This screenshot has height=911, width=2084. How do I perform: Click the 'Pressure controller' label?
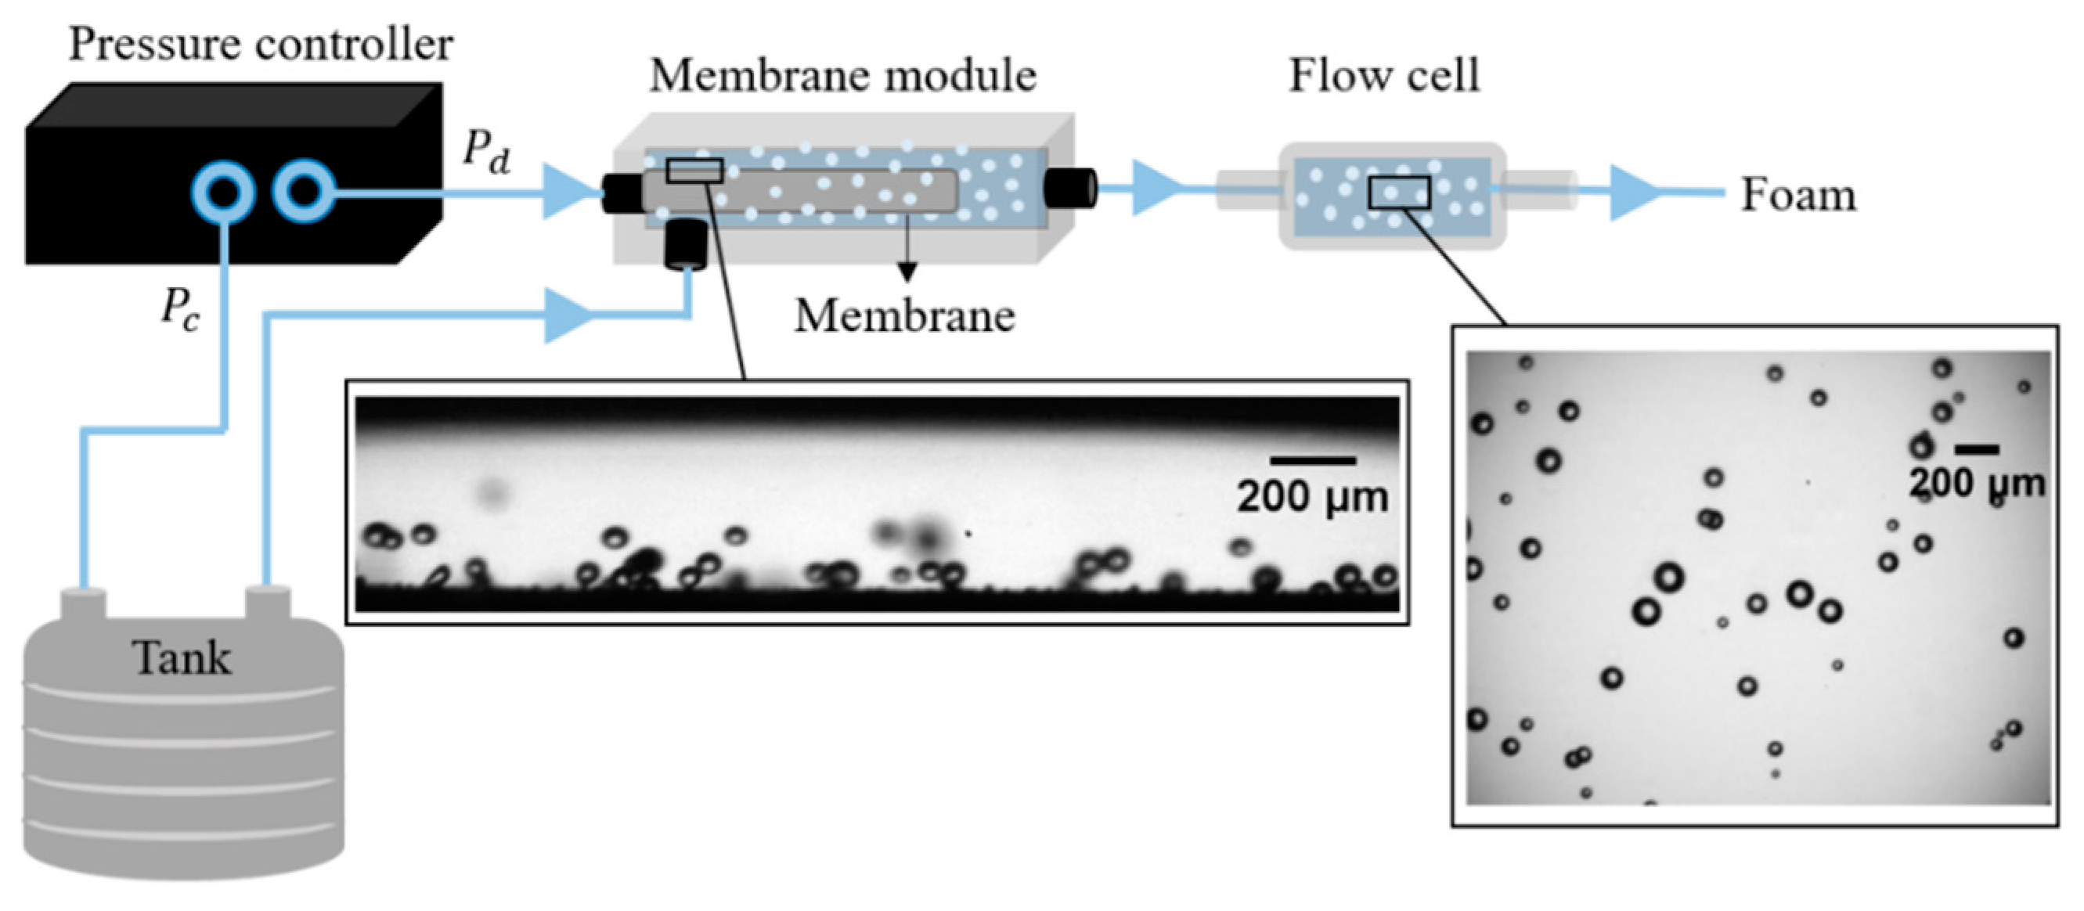261,45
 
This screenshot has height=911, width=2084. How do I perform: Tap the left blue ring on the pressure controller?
223,193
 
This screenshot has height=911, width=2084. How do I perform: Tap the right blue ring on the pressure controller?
304,191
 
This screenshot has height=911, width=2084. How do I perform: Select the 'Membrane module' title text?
842,76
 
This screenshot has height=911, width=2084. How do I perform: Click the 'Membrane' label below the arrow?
904,315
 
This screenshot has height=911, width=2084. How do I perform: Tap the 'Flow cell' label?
1384,76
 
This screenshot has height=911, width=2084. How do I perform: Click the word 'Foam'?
1798,196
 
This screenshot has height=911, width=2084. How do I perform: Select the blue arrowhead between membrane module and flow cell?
1157,189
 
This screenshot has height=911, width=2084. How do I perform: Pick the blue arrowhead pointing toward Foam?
1634,193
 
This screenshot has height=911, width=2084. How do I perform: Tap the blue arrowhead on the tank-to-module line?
571,314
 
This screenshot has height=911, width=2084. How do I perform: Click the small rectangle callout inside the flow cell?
1399,193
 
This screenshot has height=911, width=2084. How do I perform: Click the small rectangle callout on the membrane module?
694,171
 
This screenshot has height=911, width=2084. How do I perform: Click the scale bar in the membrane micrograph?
1312,460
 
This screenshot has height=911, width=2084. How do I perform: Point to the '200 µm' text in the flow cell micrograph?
1977,484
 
